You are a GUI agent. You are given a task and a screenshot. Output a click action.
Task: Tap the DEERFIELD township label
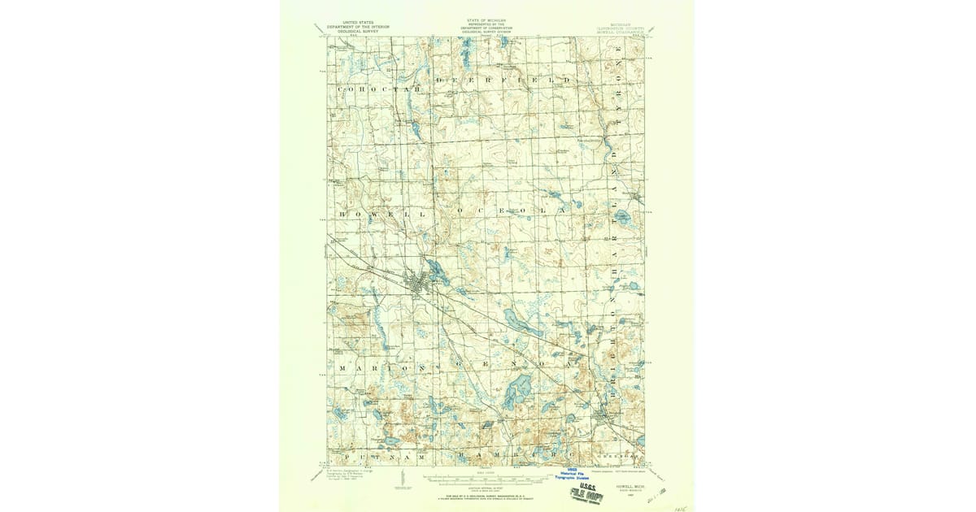(x=504, y=81)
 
